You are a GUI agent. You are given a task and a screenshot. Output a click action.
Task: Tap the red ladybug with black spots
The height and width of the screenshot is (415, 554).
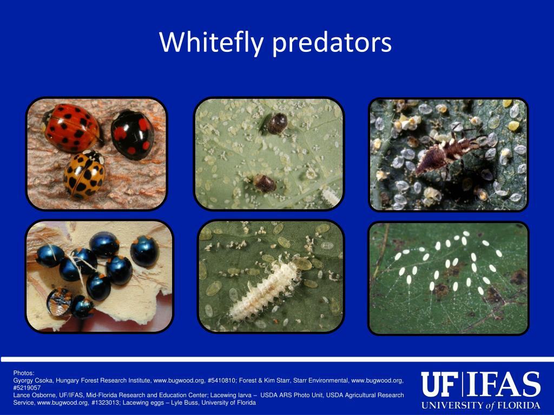(71, 128)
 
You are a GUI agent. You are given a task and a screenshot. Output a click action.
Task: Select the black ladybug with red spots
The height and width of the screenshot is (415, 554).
(133, 134)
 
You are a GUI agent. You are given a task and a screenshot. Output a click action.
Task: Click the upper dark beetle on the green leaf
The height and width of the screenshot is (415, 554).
(276, 123)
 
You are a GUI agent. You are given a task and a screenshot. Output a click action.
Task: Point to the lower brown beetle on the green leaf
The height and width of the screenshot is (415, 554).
(265, 183)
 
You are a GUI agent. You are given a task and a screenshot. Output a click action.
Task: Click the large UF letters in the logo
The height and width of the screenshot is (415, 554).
(439, 385)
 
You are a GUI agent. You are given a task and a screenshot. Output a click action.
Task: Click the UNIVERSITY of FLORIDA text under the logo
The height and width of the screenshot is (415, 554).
(481, 405)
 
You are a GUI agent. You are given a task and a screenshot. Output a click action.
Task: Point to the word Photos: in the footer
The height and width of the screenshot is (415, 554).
(23, 373)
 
